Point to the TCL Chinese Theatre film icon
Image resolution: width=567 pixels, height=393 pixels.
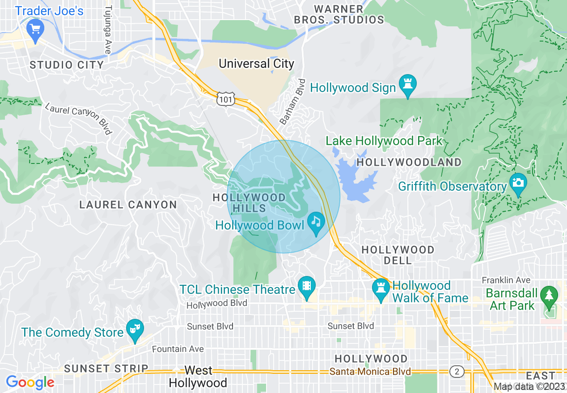point(306,286)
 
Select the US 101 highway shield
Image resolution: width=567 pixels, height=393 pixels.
point(225,99)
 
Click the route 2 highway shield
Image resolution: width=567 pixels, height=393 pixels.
point(457,372)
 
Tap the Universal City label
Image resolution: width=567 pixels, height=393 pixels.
point(256,64)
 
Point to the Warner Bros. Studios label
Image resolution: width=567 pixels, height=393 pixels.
point(339,14)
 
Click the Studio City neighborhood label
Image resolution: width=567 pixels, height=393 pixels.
point(67,65)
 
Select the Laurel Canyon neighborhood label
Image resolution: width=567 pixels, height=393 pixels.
point(128,205)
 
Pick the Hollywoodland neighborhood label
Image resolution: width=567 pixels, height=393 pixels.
point(409,162)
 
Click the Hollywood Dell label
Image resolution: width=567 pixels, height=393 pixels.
point(398,255)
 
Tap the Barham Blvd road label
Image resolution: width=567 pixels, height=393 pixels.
point(292,102)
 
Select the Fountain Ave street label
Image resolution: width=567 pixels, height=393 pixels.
point(178,349)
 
